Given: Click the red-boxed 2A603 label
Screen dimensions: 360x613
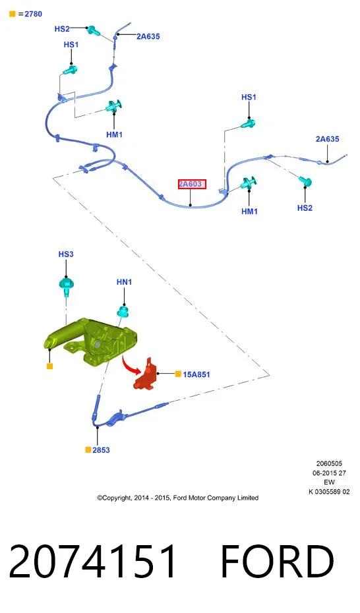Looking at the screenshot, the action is click(x=192, y=184).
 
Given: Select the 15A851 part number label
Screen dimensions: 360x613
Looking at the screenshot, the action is click(x=196, y=374).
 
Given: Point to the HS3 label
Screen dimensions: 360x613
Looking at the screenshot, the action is click(x=66, y=254).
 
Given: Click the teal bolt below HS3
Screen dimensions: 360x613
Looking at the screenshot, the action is click(x=67, y=287).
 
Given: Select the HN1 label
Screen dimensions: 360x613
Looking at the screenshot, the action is click(x=125, y=282).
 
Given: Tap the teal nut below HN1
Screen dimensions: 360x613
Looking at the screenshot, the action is click(x=124, y=312).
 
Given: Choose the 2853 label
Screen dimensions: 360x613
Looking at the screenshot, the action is click(x=102, y=450).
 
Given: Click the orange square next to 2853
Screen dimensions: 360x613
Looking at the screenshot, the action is click(x=88, y=450).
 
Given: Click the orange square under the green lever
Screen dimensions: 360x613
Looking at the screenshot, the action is click(x=49, y=366).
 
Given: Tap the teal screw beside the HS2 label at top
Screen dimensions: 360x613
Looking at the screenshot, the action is click(x=93, y=30).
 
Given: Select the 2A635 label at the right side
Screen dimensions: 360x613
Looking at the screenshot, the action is click(x=328, y=139).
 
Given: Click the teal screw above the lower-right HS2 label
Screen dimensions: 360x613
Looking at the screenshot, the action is click(x=305, y=181).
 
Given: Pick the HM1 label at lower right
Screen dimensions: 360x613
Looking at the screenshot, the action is click(x=249, y=212).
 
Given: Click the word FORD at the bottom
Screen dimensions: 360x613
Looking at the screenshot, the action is click(x=278, y=561).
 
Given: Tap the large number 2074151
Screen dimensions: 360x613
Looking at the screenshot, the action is click(x=93, y=561).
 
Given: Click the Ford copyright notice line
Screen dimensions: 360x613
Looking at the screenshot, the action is click(x=178, y=498).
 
